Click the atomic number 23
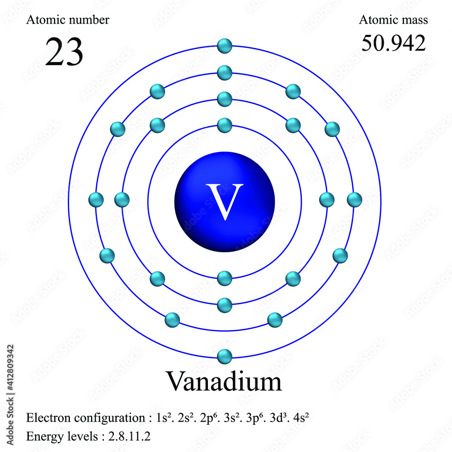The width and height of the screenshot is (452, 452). (64, 52)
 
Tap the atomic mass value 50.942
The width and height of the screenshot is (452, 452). (393, 43)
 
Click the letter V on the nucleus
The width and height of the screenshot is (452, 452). (225, 201)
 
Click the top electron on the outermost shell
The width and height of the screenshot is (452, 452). (225, 46)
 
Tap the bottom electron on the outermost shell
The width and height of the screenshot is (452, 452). (225, 357)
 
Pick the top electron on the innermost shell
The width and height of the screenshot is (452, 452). (225, 125)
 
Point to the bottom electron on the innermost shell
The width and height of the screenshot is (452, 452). (225, 278)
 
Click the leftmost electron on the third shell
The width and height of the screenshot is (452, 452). (96, 199)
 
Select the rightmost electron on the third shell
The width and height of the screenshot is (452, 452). (354, 199)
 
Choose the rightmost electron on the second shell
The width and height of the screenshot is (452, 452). (327, 199)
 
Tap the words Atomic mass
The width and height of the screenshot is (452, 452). (393, 20)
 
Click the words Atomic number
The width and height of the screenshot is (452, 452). (68, 20)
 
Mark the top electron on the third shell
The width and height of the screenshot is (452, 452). (225, 72)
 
